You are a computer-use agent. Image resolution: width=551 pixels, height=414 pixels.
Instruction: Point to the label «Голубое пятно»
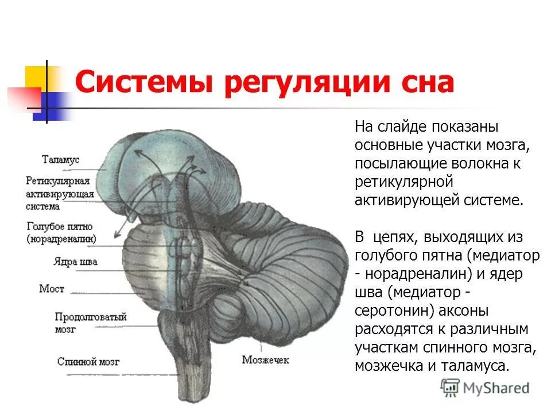[60, 226]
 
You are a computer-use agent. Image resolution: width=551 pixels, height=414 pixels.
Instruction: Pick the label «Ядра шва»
[75, 262]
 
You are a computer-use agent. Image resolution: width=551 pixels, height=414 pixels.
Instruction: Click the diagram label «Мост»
[51, 288]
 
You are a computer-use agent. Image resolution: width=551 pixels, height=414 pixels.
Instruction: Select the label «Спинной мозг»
[88, 362]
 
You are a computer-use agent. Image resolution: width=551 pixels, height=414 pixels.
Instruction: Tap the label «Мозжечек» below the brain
[265, 361]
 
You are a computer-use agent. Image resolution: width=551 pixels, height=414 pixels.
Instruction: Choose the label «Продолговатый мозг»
[91, 323]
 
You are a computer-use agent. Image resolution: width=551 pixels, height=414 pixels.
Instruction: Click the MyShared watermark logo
[485, 388]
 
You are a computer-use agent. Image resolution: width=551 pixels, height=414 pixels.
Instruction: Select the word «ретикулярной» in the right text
[405, 182]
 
